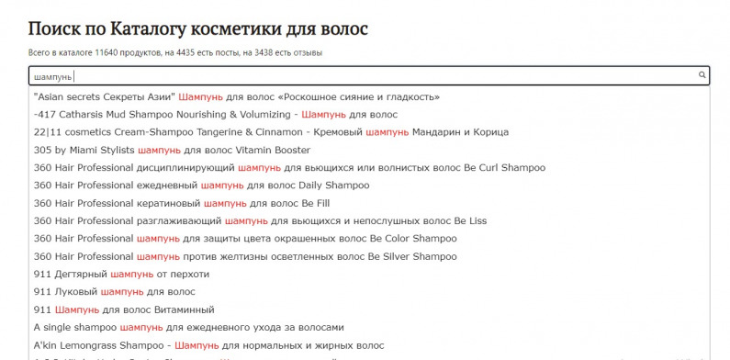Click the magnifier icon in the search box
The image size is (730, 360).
702,75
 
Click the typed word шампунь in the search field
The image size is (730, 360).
52,76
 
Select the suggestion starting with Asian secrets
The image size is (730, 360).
236,96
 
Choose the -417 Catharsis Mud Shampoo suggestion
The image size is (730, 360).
215,115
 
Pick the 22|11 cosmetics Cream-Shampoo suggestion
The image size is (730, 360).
270,132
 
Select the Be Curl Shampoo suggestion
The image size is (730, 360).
289,168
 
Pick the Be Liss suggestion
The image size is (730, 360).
260,220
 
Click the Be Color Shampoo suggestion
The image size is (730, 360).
244,239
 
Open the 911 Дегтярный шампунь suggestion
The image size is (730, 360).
121,274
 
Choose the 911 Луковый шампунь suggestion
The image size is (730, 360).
114,292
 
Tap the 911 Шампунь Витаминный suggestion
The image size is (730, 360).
123,309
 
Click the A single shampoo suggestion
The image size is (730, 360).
188,327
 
